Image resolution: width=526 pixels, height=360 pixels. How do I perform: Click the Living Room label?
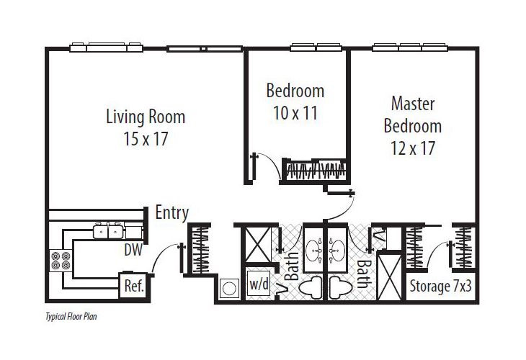pyautogui.click(x=146, y=116)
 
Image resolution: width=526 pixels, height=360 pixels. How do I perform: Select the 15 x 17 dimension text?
pyautogui.click(x=146, y=139)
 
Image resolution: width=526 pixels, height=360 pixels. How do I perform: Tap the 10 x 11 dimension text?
pyautogui.click(x=295, y=112)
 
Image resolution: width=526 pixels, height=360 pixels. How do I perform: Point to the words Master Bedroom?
pyautogui.click(x=412, y=114)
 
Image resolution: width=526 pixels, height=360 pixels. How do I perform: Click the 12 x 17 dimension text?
pyautogui.click(x=412, y=149)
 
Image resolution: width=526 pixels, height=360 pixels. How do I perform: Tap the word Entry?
pyautogui.click(x=172, y=212)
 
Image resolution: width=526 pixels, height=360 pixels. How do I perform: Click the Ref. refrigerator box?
pyautogui.click(x=135, y=285)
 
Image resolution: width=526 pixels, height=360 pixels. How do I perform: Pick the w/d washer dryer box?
pyautogui.click(x=258, y=283)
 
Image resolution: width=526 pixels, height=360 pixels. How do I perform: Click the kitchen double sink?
pyautogui.click(x=108, y=232)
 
